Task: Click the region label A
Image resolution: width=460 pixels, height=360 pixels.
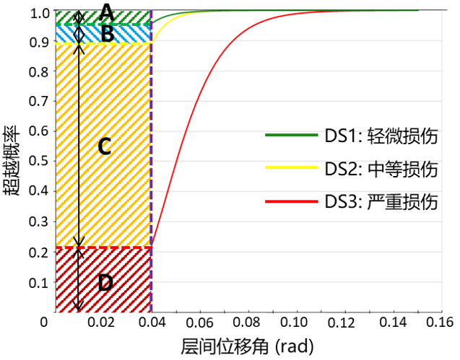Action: (x=107, y=12)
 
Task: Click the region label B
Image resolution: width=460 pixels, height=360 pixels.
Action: (x=107, y=33)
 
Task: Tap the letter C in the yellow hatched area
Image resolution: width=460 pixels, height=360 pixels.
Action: (x=103, y=147)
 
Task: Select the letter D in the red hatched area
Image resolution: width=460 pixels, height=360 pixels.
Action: (x=105, y=283)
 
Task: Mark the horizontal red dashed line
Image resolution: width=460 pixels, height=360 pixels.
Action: (x=103, y=247)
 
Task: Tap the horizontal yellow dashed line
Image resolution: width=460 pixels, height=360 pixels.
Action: (x=103, y=43)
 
